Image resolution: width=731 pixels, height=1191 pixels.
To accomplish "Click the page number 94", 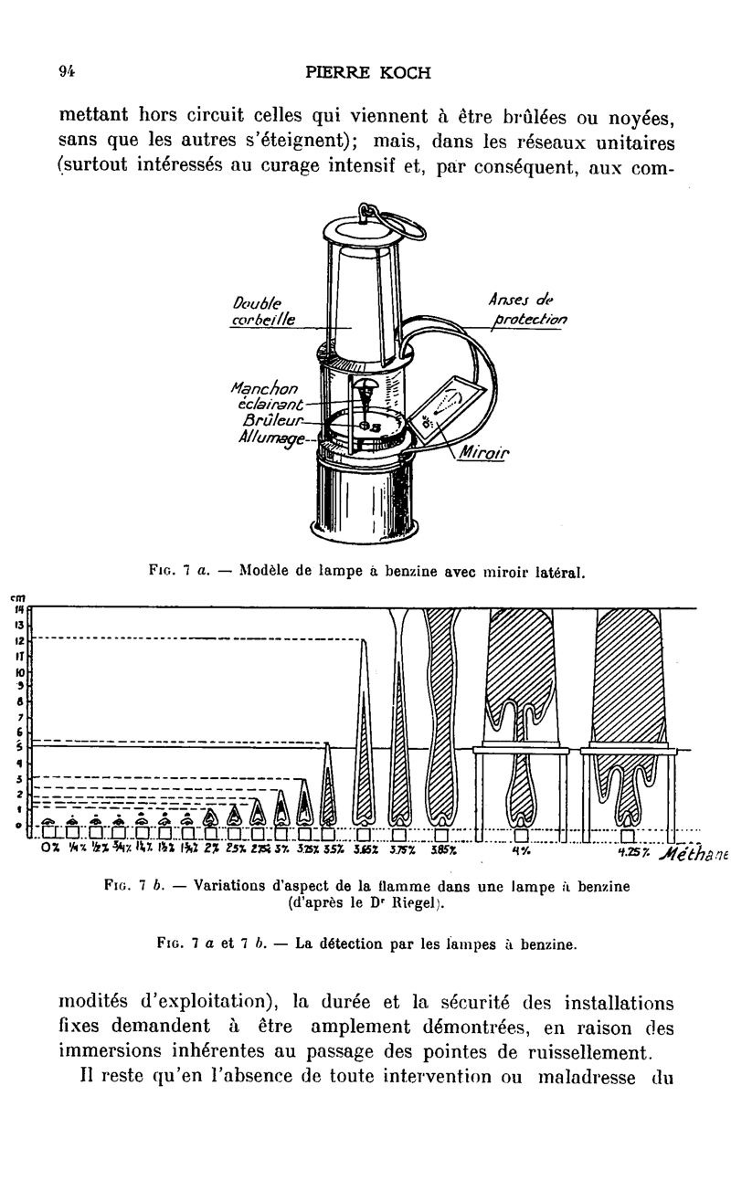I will [x=66, y=72].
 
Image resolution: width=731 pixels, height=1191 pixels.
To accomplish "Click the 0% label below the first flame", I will [x=51, y=848].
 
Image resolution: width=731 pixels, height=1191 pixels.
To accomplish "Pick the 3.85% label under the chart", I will [x=444, y=848].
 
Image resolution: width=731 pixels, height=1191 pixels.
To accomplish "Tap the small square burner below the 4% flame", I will [x=521, y=835].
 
